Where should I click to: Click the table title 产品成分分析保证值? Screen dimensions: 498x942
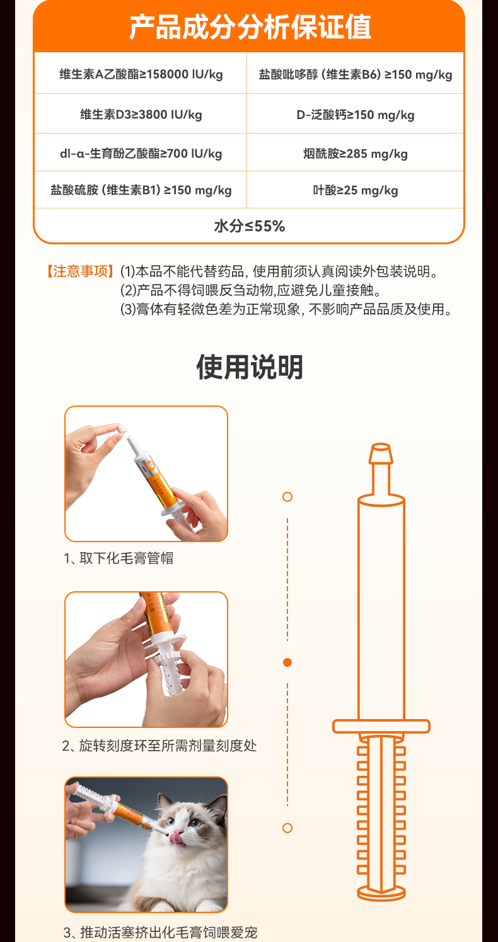tap(250, 27)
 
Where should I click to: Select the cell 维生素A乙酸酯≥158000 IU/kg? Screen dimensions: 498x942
tap(141, 74)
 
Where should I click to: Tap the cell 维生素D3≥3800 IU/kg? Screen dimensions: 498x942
tap(141, 114)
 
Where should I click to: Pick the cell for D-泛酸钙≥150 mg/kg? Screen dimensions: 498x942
tap(356, 114)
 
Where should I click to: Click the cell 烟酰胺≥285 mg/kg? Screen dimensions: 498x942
tap(356, 153)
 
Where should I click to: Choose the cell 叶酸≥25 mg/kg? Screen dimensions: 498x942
tap(356, 190)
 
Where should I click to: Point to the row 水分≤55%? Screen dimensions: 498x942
tap(249, 226)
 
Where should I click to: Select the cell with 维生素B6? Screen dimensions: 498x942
tap(356, 74)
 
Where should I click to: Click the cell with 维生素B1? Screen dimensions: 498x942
tap(141, 190)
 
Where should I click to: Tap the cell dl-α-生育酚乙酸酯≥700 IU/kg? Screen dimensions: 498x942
tap(141, 153)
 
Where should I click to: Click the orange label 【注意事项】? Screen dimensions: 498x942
tap(80, 271)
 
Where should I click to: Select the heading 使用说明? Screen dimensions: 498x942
tap(250, 367)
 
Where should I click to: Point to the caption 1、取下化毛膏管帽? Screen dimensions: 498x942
tap(119, 558)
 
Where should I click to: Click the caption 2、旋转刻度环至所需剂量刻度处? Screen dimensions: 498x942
tap(159, 746)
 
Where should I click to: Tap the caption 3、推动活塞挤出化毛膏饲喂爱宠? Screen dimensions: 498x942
tap(160, 933)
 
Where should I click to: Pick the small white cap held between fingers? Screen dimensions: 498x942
tap(121, 429)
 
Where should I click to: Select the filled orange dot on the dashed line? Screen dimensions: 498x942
tap(287, 662)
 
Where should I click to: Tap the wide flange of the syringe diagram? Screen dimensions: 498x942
tap(381, 726)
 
